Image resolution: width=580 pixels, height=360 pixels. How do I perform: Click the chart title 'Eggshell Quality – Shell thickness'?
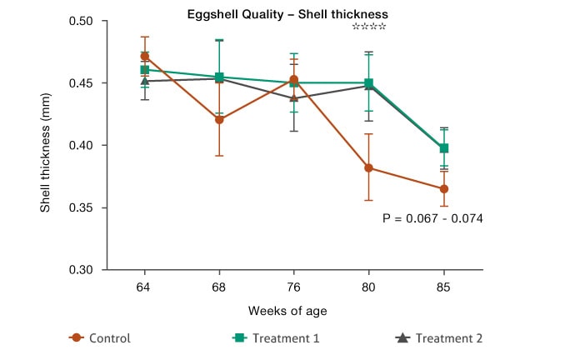click(287, 14)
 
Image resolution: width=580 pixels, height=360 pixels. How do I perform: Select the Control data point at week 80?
click(368, 167)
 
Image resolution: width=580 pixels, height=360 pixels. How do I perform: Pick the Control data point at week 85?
click(444, 188)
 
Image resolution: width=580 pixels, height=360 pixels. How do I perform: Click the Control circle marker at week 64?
click(145, 57)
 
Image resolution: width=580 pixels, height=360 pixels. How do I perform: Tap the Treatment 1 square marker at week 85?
click(444, 148)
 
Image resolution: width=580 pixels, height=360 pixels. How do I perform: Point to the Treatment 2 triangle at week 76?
click(293, 97)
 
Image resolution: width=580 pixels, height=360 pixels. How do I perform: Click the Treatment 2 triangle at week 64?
click(145, 81)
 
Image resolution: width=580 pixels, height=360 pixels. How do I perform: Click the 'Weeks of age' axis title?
click(287, 311)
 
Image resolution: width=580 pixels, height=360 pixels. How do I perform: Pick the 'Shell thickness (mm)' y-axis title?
click(46, 146)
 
